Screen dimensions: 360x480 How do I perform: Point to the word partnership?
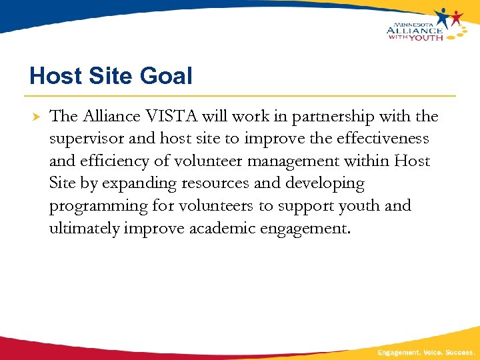pyautogui.click(x=319, y=117)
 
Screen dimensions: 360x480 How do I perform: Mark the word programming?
pyautogui.click(x=98, y=207)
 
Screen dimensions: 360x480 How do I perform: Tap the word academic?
pyautogui.click(x=222, y=229)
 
